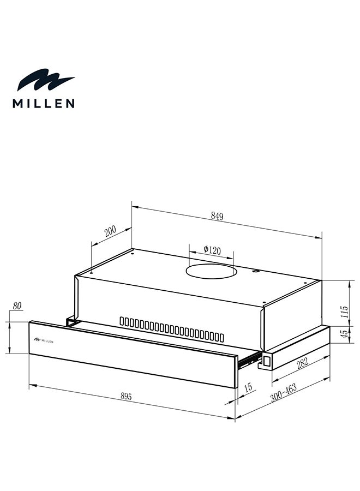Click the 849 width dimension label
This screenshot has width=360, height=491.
pos(217,216)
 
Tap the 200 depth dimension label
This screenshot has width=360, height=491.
pos(110,231)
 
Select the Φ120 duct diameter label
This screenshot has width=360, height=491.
pos(212,250)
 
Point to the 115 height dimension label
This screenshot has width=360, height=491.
pos(344,312)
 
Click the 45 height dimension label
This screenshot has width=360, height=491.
pos(344,334)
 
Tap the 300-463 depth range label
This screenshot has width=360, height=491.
pos(283,393)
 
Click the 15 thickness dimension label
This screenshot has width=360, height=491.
pos(248,388)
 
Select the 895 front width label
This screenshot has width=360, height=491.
pos(127,397)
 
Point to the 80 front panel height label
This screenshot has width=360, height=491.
pos(17,307)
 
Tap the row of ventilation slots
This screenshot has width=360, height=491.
pos(172,329)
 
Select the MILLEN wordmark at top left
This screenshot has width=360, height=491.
pos(44,103)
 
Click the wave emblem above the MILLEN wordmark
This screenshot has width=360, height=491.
pos(45,81)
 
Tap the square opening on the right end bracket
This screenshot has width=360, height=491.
pos(268,360)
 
